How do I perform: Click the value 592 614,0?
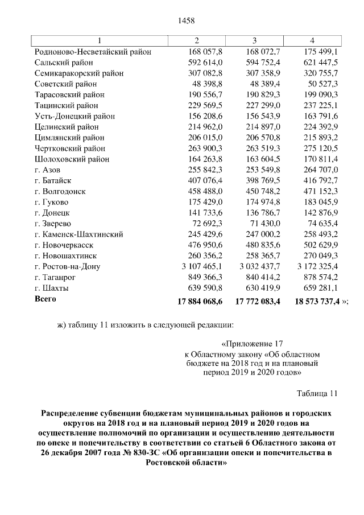click(x=205, y=63)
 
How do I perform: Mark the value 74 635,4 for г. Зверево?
click(x=323, y=224)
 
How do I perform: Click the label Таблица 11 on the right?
click(x=317, y=393)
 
